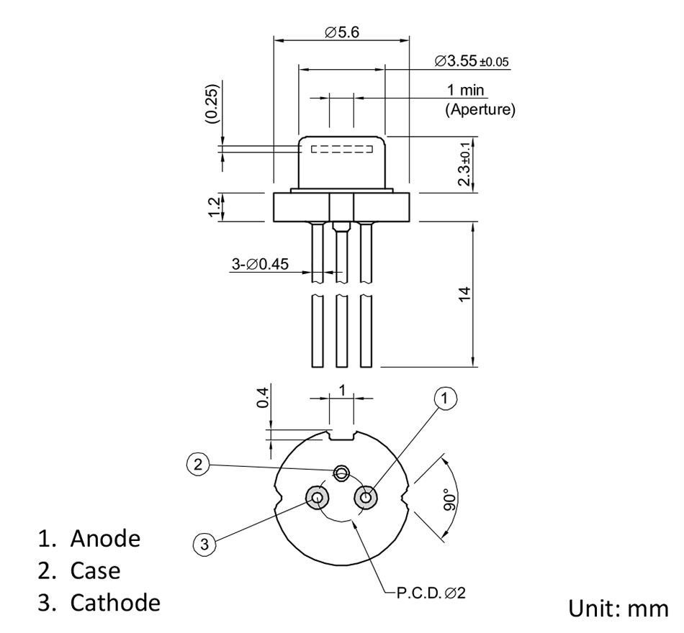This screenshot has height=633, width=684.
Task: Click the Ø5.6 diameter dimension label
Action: [341, 33]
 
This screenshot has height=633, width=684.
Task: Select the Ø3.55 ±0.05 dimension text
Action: [472, 61]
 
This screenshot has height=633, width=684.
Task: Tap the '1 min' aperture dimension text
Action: [466, 91]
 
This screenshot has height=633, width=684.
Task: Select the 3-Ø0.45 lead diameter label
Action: [260, 264]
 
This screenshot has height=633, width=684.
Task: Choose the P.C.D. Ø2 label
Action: [426, 594]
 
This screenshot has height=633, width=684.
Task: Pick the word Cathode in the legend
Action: [115, 603]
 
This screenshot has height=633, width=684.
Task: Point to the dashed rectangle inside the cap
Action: [341, 150]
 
